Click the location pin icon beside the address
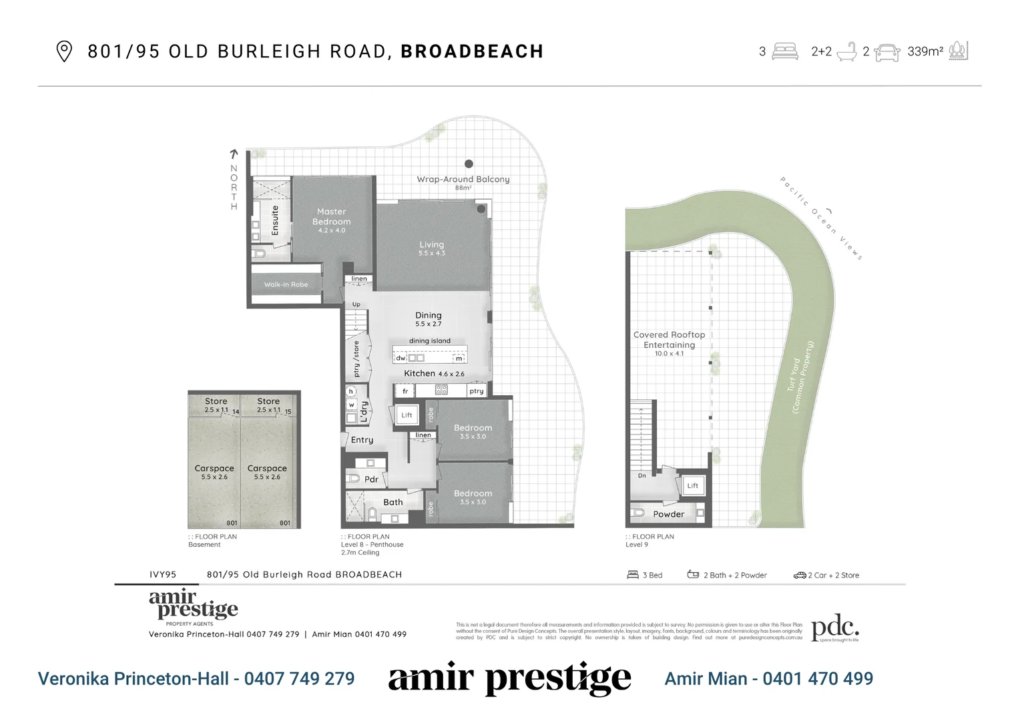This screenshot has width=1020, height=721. pos(63,51)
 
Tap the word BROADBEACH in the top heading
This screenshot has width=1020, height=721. pos(472,51)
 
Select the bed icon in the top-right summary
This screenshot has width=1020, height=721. pos(785,51)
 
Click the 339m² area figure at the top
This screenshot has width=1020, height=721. pos(925,51)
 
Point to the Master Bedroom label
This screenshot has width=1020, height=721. pos(331,216)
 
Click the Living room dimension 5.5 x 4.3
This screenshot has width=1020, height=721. pos(431,254)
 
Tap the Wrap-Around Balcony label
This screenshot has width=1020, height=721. pos(463,179)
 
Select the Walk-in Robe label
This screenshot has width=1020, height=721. pos(286,284)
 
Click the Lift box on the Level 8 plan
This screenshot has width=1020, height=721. pos(407,415)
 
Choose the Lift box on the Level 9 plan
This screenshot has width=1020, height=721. pos(692,485)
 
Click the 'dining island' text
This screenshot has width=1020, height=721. pos(429,341)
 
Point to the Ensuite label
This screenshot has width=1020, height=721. pos(275,220)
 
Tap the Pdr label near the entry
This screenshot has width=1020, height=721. pos(371,479)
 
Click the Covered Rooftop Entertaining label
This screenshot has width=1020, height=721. pos(669,340)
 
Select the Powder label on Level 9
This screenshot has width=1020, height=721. pos(668,514)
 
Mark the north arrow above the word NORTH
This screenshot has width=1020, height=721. pos(234,154)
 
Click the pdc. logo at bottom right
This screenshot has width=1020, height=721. pos(834,628)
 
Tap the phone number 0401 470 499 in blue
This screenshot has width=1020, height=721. pos(817,679)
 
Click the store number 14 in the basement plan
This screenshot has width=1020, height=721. pos(236,412)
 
